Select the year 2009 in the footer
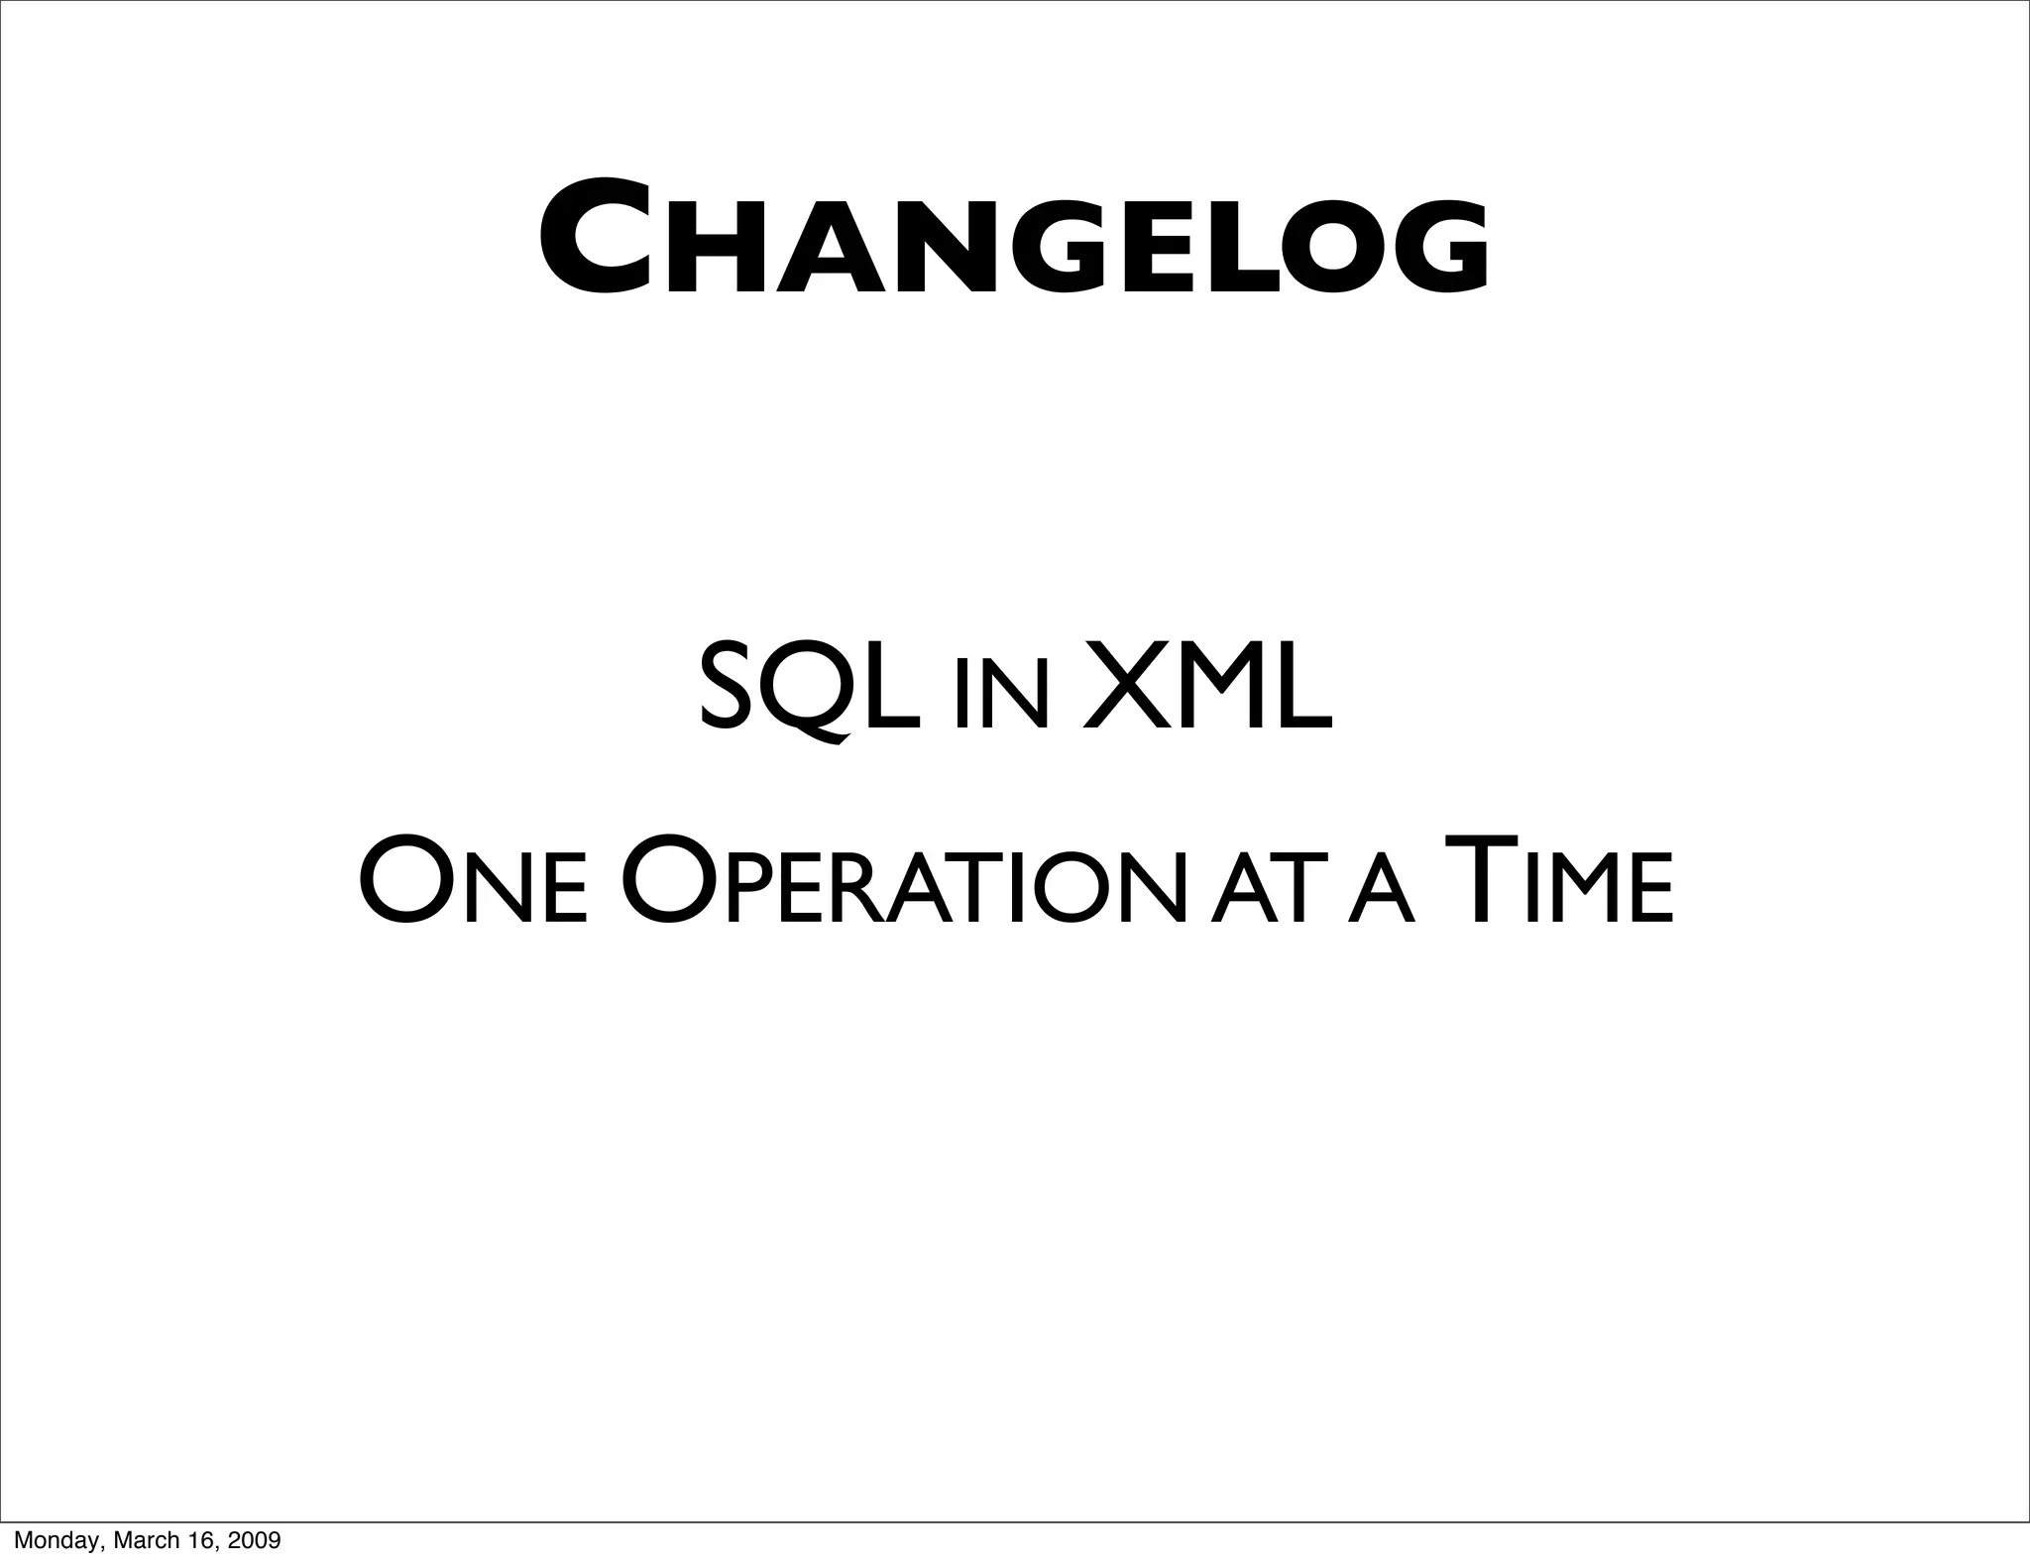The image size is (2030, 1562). (253, 1540)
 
